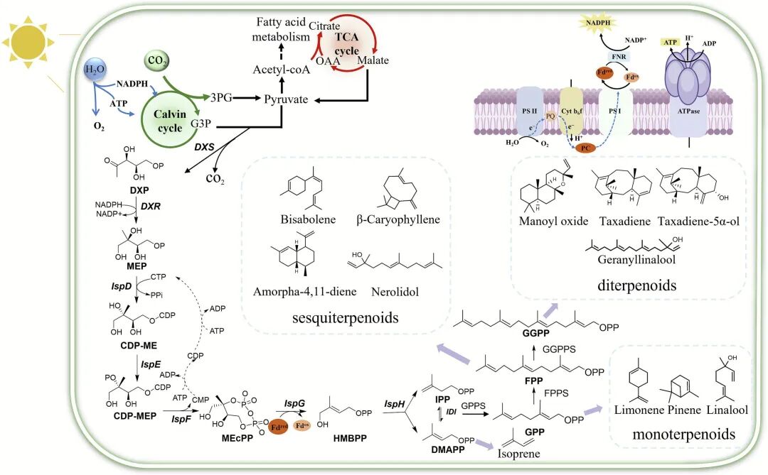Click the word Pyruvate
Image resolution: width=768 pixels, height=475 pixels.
coord(286,100)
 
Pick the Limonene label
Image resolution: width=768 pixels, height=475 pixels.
coord(639,410)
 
